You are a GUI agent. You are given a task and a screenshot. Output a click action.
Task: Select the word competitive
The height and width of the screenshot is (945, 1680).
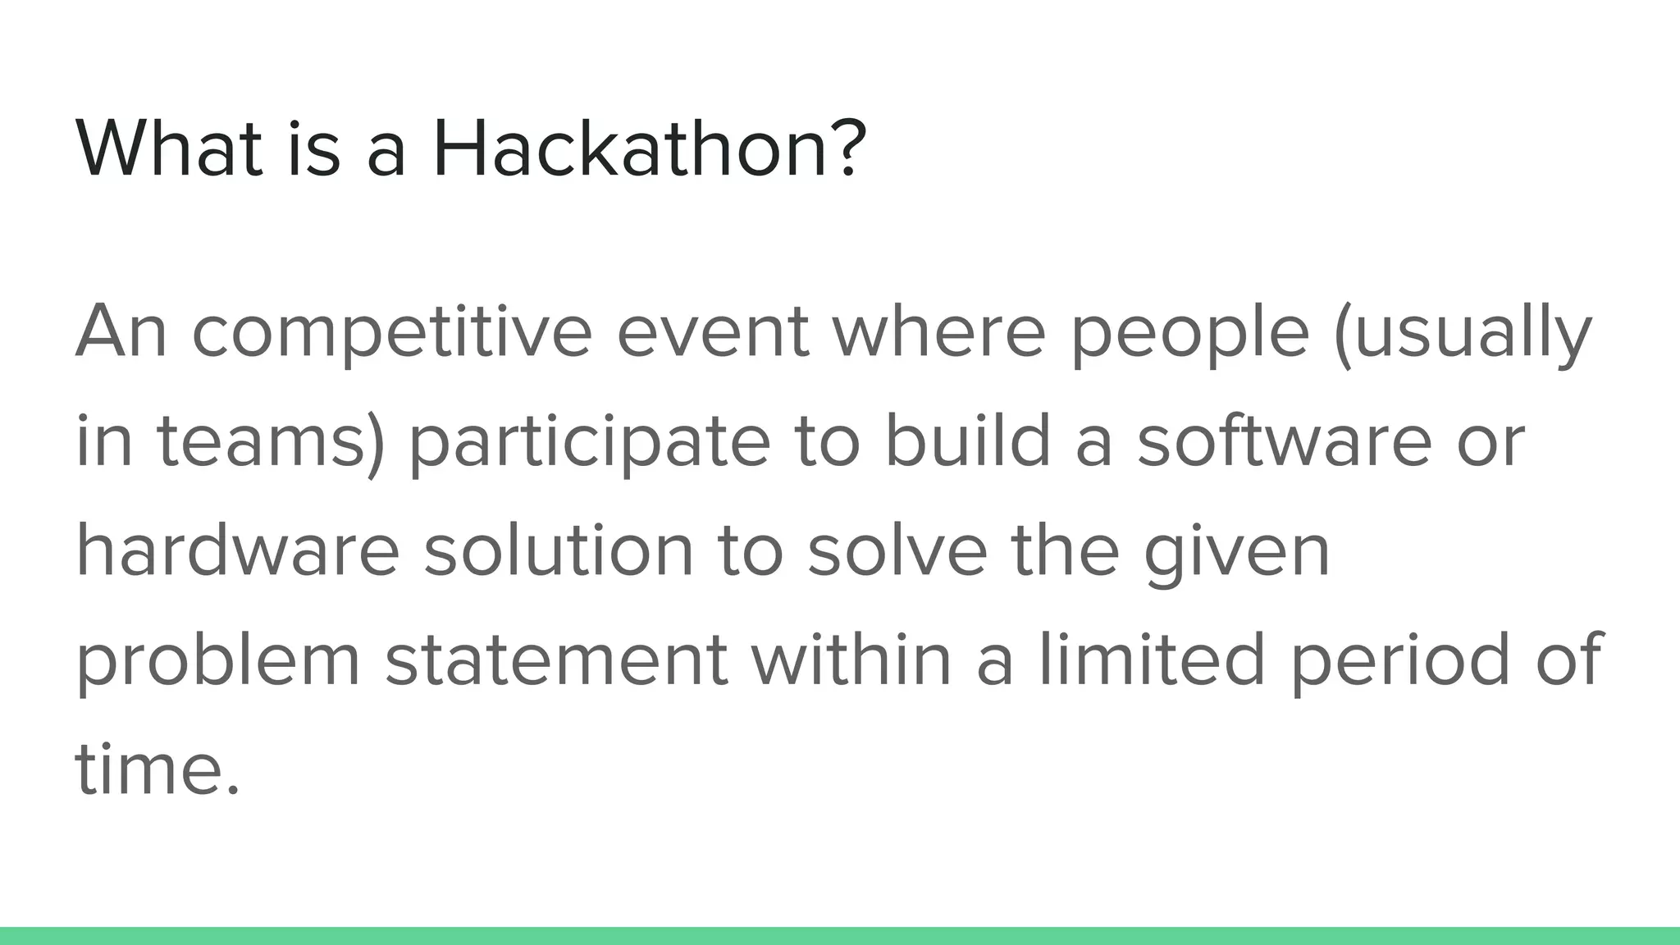pyautogui.click(x=391, y=332)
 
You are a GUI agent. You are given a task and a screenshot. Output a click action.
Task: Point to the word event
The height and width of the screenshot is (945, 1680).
pyautogui.click(x=712, y=332)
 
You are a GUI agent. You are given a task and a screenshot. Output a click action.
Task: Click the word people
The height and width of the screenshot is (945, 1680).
pyautogui.click(x=1189, y=332)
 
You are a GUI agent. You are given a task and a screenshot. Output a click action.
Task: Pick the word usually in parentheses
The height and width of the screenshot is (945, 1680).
pyautogui.click(x=1472, y=332)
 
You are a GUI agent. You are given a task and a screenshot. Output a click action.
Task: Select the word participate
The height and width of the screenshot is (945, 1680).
pyautogui.click(x=589, y=441)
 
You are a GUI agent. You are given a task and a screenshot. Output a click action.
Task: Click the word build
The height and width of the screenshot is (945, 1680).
pyautogui.click(x=968, y=441)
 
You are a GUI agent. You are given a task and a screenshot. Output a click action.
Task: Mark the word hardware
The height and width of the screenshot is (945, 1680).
pyautogui.click(x=238, y=550)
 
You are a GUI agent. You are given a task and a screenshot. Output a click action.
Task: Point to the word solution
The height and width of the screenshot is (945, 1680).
pyautogui.click(x=559, y=550)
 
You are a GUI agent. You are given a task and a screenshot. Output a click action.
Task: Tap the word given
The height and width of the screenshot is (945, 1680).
pyautogui.click(x=1237, y=550)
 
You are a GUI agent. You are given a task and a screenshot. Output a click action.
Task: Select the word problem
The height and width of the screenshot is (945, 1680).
pyautogui.click(x=218, y=660)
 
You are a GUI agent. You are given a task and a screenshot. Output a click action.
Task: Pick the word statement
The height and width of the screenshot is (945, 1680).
pyautogui.click(x=556, y=660)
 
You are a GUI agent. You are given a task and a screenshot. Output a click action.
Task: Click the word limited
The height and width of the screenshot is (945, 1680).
pyautogui.click(x=1153, y=660)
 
